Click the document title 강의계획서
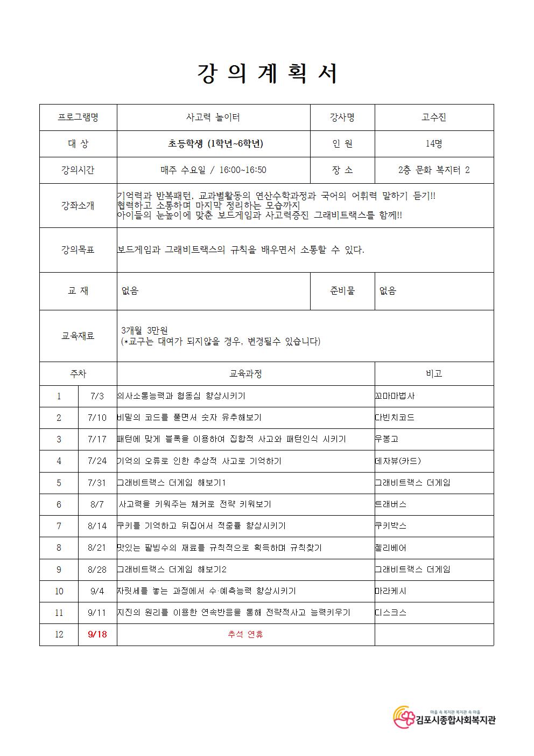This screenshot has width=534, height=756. coord(266,74)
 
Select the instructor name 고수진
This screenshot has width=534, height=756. coord(433,117)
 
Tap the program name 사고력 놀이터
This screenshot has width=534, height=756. coord(213,117)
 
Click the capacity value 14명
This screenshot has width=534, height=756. coord(433,144)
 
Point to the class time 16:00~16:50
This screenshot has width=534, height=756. coord(244,170)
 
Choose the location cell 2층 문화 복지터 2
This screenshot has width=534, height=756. coord(433,170)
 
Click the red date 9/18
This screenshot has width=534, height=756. coord(97,634)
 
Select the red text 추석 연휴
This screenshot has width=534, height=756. coord(245,634)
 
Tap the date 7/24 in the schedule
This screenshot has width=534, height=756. coord(97,461)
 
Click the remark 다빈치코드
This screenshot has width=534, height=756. coord(395,418)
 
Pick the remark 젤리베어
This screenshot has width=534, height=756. coord(391,547)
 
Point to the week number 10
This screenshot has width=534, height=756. coord(59,591)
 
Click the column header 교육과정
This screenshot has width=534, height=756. coord(245,373)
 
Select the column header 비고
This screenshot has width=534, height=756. coord(433,373)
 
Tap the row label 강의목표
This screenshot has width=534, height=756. coord(78,250)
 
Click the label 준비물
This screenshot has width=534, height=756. coord(342,291)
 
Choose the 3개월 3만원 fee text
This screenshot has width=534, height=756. coord(145,330)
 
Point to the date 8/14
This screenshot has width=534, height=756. coord(97,526)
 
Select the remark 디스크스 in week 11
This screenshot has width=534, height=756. coord(391,613)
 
